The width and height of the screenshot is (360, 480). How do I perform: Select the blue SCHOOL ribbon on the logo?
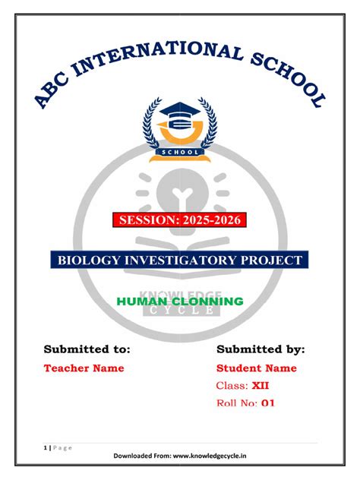[x=180, y=152]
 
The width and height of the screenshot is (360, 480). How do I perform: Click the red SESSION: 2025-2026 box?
[x=180, y=221]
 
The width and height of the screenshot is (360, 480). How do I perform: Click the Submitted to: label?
[x=87, y=349]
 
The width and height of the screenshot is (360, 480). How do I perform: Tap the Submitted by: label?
[x=261, y=349]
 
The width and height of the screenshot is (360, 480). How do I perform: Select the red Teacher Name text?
[x=84, y=368]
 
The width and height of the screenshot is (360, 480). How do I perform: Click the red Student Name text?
[x=257, y=368]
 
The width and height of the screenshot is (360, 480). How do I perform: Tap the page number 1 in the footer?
[x=44, y=447]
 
